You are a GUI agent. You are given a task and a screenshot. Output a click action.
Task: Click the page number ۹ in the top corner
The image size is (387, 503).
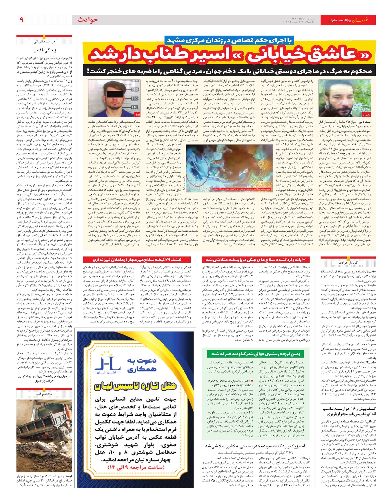[x=22, y=20]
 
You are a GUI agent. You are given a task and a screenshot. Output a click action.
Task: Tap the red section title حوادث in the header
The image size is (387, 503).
[x=87, y=20]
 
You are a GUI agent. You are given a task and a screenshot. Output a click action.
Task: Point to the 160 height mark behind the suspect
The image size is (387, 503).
[x=134, y=89]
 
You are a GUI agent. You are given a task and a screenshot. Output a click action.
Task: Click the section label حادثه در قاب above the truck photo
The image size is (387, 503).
[x=45, y=394]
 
